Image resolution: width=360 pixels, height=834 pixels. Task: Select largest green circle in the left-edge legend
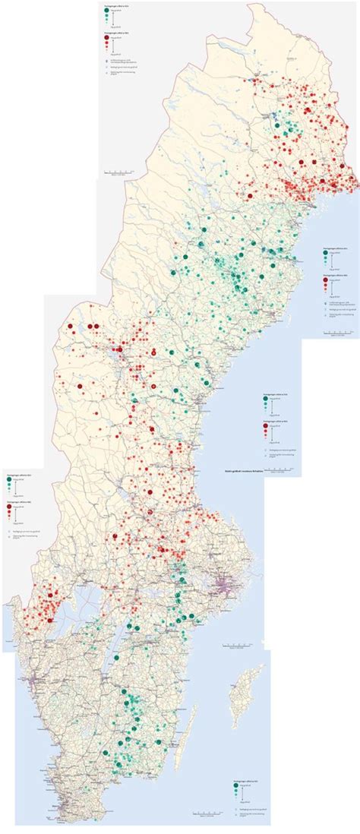[x=10, y=480]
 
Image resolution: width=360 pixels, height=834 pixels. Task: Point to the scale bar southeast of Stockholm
[x=240, y=647]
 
